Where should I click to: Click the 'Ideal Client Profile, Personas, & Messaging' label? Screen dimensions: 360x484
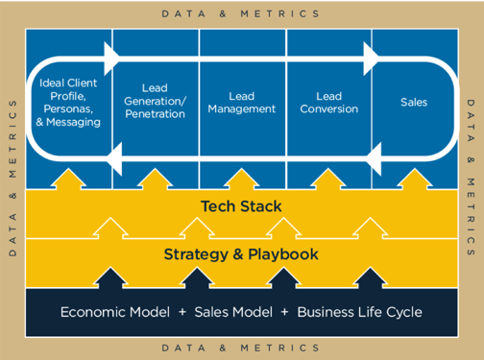[x=70, y=103]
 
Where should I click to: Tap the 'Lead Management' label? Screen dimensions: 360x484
[x=242, y=102]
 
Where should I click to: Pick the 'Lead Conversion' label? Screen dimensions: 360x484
[x=328, y=102]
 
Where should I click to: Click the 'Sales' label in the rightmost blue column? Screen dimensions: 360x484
[x=413, y=102]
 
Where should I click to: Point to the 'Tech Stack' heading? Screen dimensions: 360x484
[x=241, y=205]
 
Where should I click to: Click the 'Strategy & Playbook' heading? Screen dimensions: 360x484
[x=241, y=254]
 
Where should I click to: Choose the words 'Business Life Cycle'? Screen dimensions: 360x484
[x=359, y=312]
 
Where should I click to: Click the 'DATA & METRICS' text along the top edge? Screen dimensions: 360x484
[x=241, y=14]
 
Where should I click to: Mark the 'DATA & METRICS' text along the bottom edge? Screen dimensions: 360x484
[x=241, y=348]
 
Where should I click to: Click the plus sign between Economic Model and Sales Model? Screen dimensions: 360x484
[x=183, y=312]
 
